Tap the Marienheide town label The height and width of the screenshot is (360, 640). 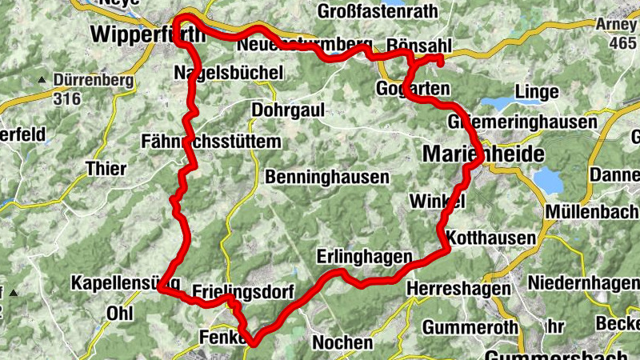point(474,152)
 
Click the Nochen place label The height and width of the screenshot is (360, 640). point(342,342)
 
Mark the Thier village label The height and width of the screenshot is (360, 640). point(106,169)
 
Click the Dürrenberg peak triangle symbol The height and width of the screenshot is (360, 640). point(41,80)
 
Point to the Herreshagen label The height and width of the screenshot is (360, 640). point(458,287)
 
